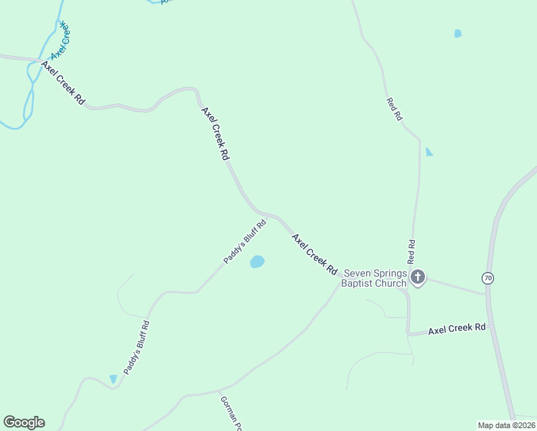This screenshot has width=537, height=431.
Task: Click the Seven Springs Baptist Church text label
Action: click(x=375, y=278)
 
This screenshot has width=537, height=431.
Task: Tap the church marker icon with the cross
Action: click(x=418, y=277)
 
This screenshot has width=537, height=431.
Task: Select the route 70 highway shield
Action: click(x=488, y=278)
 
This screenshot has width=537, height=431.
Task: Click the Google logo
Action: click(x=24, y=422)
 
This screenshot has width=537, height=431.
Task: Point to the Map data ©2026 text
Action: click(x=506, y=425)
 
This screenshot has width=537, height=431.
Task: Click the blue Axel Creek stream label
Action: click(x=60, y=40)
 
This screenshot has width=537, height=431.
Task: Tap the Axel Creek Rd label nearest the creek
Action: click(x=63, y=84)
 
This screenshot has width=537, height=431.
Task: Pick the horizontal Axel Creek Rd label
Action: click(x=457, y=328)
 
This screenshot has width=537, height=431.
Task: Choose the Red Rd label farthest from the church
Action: click(x=394, y=109)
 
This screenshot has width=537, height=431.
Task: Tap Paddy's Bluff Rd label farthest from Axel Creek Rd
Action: click(x=136, y=347)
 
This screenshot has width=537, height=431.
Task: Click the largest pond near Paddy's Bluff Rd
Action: click(x=257, y=262)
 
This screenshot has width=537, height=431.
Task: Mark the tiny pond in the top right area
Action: click(x=458, y=33)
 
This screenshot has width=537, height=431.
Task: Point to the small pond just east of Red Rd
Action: click(x=429, y=152)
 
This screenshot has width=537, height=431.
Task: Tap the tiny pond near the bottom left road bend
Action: click(x=113, y=379)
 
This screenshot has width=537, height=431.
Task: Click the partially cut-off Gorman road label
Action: click(x=229, y=414)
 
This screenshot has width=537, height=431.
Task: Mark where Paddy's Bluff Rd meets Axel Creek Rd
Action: click(x=267, y=215)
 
